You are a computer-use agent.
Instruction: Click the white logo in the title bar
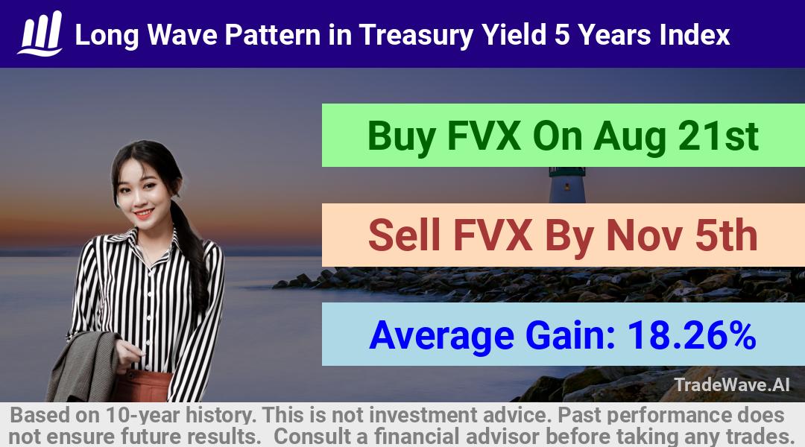tap(40, 34)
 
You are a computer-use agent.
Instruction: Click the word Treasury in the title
tap(416, 36)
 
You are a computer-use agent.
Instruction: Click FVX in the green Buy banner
tap(484, 136)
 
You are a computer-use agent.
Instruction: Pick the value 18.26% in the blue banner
tap(692, 335)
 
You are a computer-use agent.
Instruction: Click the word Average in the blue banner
tap(441, 336)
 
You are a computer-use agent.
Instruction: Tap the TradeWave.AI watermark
tap(732, 385)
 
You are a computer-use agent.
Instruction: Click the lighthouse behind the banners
tap(567, 185)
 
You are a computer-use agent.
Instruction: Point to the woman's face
tap(138, 191)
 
